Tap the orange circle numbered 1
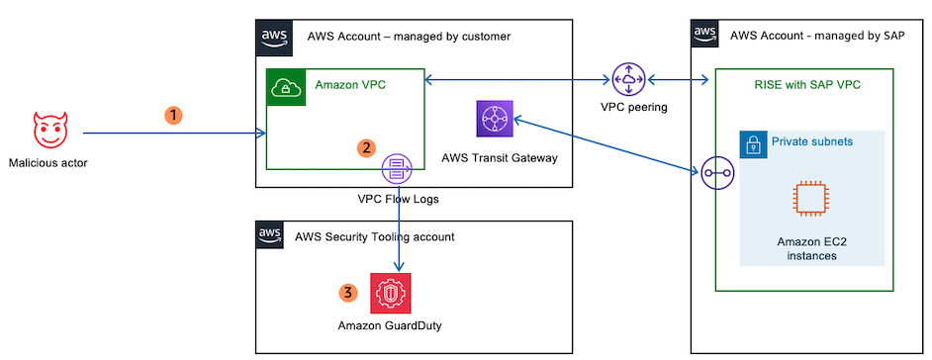(x=174, y=115)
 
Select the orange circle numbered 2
(x=366, y=148)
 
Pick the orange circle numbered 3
(x=346, y=293)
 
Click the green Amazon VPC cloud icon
(x=286, y=87)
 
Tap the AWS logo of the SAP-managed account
(x=705, y=33)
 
